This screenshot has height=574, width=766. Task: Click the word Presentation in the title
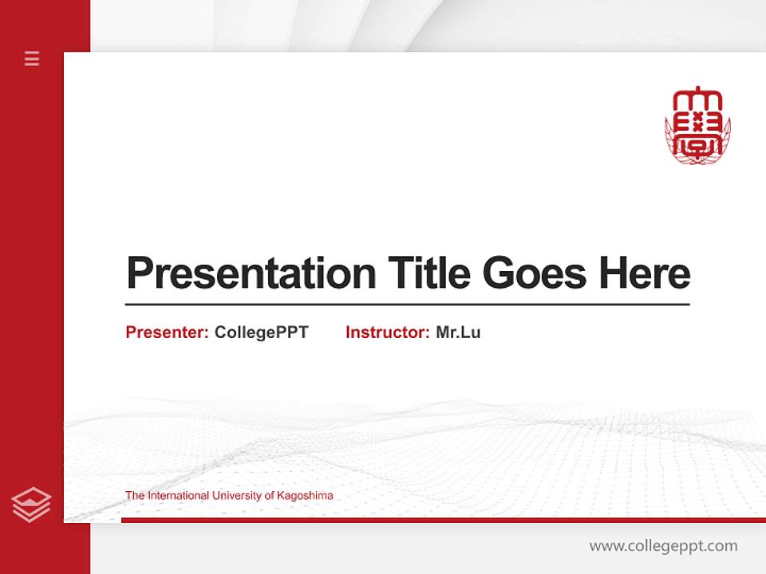251,273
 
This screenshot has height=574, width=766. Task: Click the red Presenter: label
167,332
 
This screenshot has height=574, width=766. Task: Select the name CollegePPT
261,332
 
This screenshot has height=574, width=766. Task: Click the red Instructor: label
387,332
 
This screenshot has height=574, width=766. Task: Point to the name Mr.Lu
458,332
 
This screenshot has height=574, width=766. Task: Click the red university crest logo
697,126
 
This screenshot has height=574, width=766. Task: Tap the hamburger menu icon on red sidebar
32,58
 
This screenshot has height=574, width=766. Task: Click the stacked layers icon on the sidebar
31,505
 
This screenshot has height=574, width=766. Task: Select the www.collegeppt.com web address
663,546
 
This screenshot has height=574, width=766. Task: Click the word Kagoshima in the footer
305,496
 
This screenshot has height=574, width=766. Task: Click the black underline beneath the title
407,304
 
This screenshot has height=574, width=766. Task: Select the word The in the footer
134,496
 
